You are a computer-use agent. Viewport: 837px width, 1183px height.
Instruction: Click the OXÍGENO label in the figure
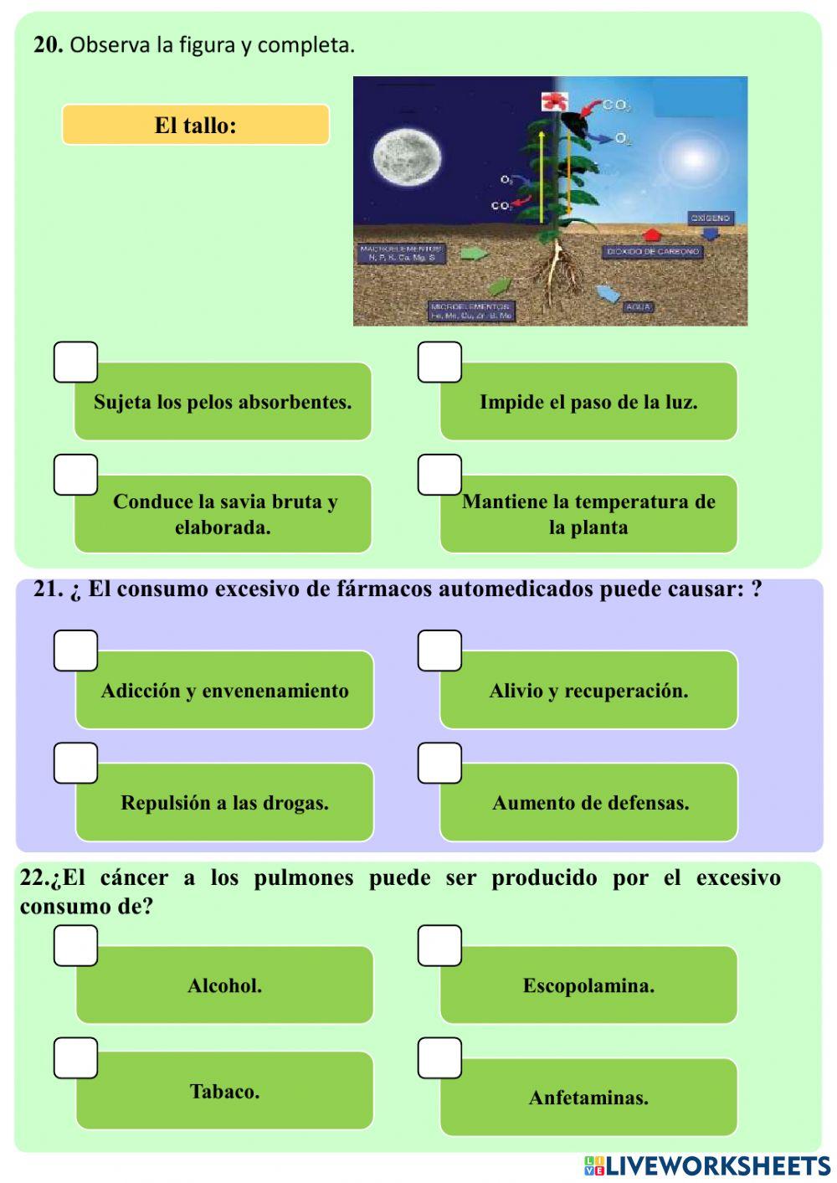click(x=711, y=218)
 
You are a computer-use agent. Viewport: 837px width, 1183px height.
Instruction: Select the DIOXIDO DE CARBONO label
click(x=653, y=251)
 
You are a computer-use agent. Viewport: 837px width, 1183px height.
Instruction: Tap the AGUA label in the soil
click(x=638, y=307)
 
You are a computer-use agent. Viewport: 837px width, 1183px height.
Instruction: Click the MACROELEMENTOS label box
click(x=400, y=253)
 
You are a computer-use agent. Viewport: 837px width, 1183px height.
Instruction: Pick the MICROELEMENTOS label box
click(x=471, y=311)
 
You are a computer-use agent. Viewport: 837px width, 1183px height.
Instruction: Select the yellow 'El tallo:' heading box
click(x=196, y=126)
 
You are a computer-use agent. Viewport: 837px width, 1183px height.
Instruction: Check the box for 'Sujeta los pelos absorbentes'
click(x=76, y=362)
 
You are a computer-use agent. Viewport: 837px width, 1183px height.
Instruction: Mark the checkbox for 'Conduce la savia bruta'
click(x=76, y=475)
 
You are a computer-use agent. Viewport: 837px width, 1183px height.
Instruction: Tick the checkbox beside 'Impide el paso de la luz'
click(x=439, y=362)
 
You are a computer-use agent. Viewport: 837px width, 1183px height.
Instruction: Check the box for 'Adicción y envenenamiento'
click(x=76, y=651)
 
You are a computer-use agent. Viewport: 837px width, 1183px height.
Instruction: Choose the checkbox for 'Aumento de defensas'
click(x=439, y=763)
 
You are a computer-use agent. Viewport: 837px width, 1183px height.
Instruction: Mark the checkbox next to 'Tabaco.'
click(x=76, y=1058)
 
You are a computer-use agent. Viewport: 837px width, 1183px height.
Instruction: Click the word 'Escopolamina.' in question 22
click(x=588, y=985)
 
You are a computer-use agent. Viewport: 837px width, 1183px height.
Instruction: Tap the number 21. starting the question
click(x=49, y=589)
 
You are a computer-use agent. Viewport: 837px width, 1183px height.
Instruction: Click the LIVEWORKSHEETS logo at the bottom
click(x=707, y=1165)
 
